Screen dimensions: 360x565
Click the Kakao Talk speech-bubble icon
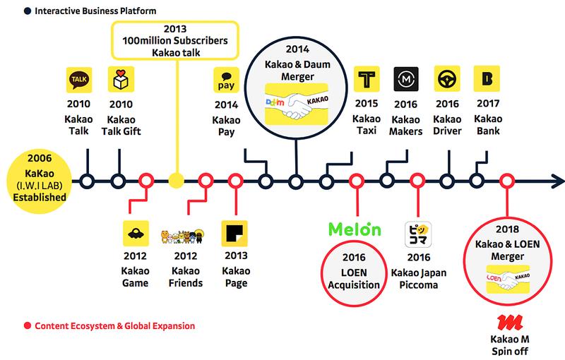pos(79,79)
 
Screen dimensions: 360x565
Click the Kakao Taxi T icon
pos(366,79)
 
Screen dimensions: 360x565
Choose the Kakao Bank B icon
pos(486,79)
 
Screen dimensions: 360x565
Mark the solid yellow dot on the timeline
pos(177,181)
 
